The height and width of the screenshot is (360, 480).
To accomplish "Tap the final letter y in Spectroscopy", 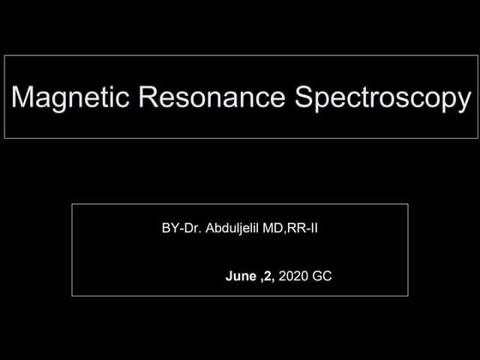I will coord(463,101).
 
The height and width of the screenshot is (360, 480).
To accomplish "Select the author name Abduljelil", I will coord(234,229).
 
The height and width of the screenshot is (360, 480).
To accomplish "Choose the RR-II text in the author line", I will coord(305,229).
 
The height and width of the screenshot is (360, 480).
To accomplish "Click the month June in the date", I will coord(241,277).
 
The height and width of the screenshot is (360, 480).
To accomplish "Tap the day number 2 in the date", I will coord(267,277).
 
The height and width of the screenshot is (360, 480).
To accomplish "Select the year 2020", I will coord(293,277).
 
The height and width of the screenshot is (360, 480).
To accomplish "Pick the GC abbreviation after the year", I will coord(322,277).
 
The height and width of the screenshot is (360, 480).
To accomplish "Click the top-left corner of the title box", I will coord(5,56).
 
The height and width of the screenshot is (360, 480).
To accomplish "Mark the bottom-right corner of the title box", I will coord(477,138).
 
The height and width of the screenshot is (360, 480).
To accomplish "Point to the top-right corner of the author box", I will coord(408,204).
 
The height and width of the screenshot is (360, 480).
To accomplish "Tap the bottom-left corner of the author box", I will coord(72,296).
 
